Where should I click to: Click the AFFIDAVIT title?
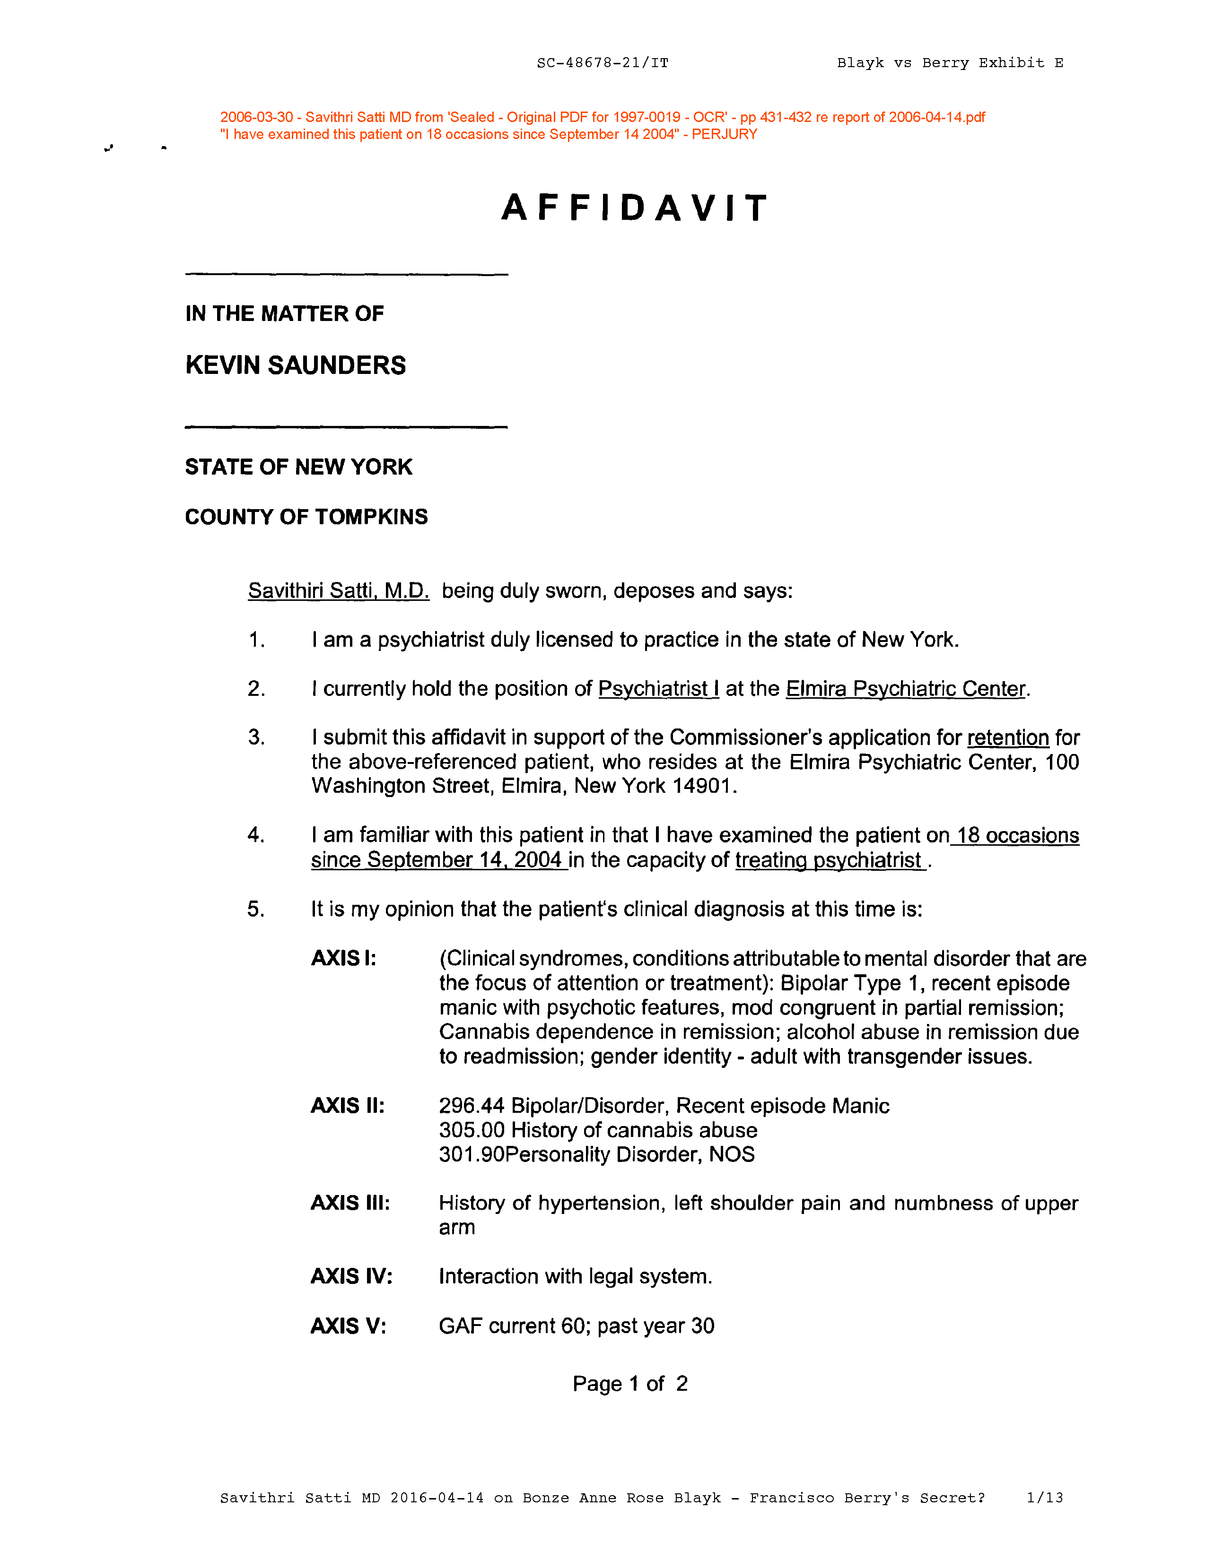coord(634,208)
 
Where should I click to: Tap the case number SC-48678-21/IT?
coord(602,63)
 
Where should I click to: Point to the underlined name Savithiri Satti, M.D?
coord(338,591)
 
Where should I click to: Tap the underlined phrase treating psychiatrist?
coord(829,860)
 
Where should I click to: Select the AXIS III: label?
coord(350,1203)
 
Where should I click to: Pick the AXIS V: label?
coord(348,1326)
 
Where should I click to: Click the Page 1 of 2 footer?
coord(629,1384)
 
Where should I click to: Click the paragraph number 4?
coord(256,835)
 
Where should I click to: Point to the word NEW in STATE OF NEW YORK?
coord(320,467)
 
